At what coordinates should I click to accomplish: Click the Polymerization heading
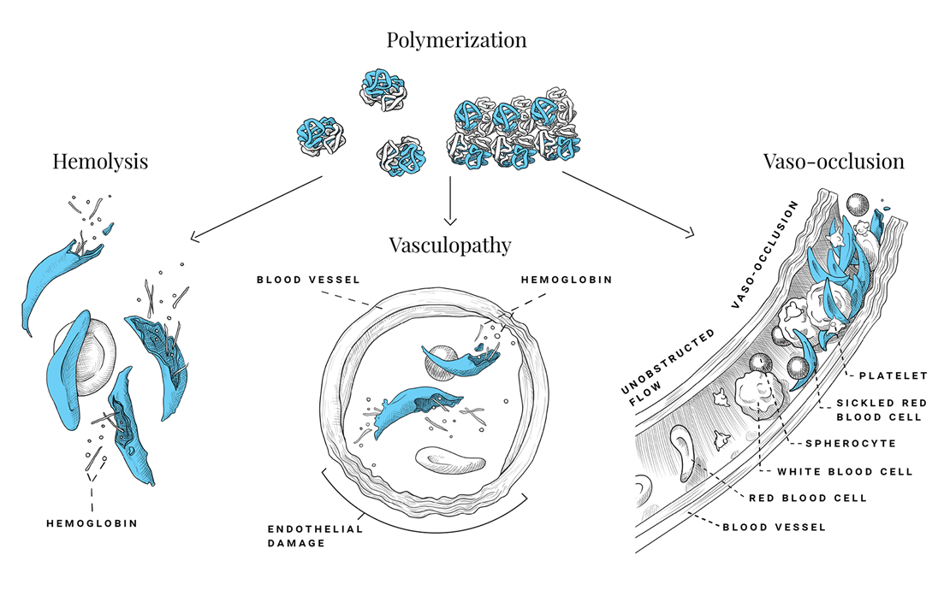click(x=456, y=39)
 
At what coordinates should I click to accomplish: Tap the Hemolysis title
click(x=100, y=161)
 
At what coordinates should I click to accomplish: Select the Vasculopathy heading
click(x=449, y=245)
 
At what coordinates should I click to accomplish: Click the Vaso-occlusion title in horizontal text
click(x=834, y=161)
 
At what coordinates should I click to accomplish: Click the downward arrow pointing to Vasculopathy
click(x=449, y=201)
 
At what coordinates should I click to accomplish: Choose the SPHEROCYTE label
click(x=848, y=444)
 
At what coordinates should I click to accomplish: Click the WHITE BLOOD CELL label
click(x=845, y=471)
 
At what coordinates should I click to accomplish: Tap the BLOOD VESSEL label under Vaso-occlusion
click(x=775, y=527)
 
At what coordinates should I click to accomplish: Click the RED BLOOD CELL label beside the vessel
click(x=808, y=498)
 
